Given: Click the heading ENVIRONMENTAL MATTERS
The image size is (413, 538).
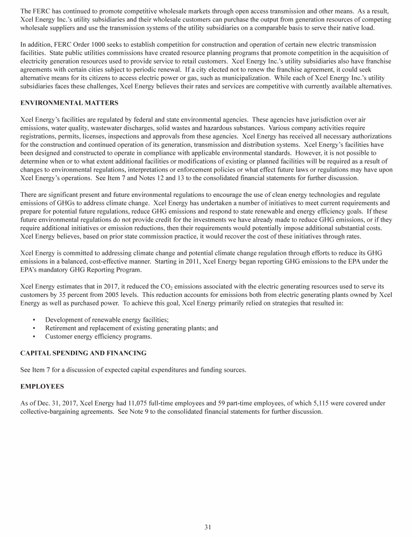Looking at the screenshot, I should click(x=69, y=102).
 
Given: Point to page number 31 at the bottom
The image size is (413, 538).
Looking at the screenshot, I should click(x=207, y=527).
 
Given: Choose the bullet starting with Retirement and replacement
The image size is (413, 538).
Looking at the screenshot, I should click(x=131, y=328).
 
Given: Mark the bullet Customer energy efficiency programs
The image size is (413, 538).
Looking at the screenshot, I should click(x=98, y=337).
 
